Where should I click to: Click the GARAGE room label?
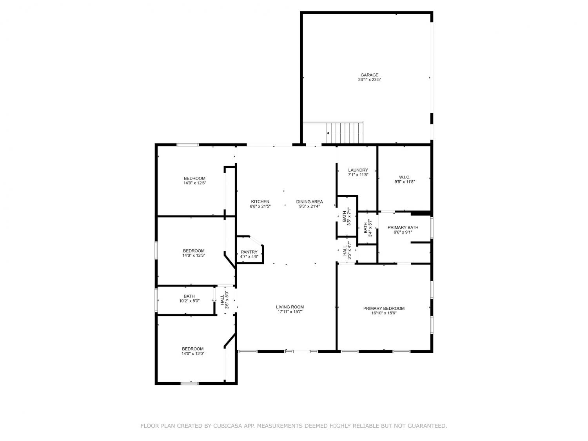pos(369,75)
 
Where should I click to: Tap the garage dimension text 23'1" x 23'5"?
pos(369,80)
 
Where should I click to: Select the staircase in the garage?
pos(345,133)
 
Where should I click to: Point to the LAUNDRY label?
pos(358,170)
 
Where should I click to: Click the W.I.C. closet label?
pos(405,177)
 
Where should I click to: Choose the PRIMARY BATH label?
pos(403,227)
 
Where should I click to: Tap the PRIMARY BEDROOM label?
pos(384,308)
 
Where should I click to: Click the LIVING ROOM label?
pos(290,307)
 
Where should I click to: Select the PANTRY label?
pos(249,252)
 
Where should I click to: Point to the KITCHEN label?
pos(260,201)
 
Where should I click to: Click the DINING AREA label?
pos(309,201)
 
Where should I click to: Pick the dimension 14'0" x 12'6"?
pos(195,183)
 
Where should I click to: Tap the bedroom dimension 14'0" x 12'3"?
pos(194,256)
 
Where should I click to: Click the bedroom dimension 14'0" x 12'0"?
pos(193,354)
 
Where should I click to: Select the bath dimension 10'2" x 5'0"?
pos(189,301)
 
